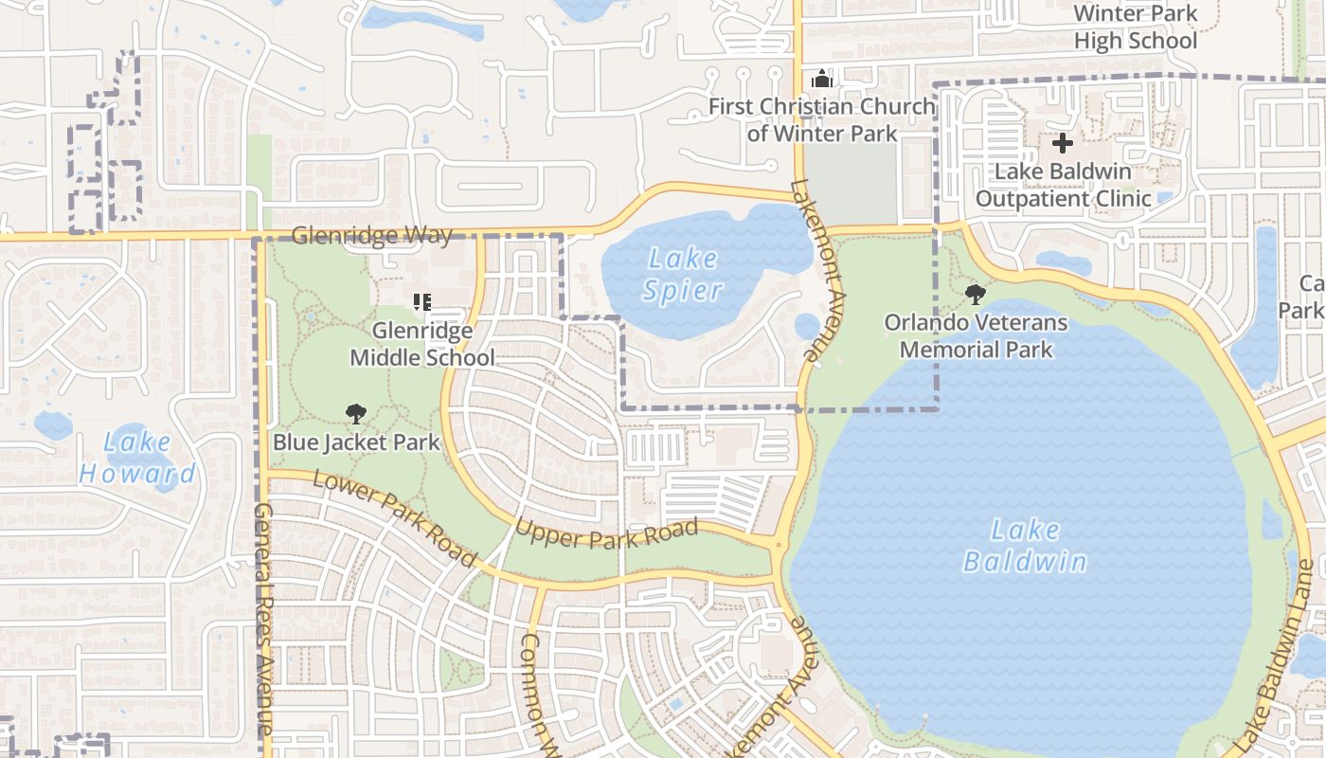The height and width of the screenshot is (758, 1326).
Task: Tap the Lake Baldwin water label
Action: (x=1025, y=546)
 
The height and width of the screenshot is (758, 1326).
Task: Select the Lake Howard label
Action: (x=137, y=457)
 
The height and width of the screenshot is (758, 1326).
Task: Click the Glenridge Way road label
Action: (x=372, y=235)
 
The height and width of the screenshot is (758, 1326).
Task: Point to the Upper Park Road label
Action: (x=606, y=534)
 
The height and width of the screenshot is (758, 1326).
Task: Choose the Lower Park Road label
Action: (x=394, y=517)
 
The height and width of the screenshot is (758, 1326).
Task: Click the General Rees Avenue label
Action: (x=263, y=621)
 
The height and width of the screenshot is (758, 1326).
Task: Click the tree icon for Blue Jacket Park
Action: (x=356, y=413)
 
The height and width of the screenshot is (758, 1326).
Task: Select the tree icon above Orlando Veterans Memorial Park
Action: (x=976, y=295)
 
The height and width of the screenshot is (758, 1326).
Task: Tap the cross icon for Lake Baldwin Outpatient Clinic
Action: (x=1063, y=144)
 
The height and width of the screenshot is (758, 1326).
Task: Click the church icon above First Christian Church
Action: (x=821, y=79)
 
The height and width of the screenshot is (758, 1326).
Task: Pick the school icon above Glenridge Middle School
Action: (x=422, y=302)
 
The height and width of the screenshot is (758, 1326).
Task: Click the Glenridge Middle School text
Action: (x=422, y=344)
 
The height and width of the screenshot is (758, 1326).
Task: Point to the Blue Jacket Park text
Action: (x=356, y=442)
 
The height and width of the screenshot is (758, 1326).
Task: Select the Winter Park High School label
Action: (x=1136, y=27)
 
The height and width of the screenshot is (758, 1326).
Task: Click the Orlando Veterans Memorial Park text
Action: (x=976, y=335)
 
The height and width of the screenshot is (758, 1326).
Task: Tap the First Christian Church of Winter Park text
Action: (x=821, y=119)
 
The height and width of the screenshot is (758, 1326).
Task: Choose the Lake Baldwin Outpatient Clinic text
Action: (x=1063, y=185)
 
